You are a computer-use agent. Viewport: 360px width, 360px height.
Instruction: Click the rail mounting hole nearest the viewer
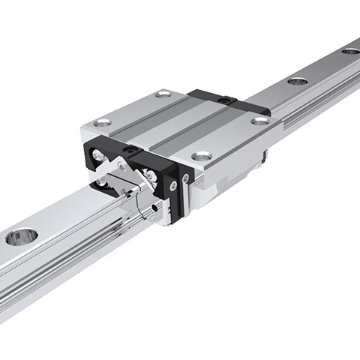click(20, 238)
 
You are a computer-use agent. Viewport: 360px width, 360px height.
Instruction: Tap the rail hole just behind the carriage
click(297, 80)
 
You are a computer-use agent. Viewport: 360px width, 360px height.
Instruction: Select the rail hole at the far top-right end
click(350, 51)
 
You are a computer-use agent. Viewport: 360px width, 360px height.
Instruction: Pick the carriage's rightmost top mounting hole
click(259, 120)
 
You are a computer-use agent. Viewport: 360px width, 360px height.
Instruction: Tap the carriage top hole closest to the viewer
click(200, 156)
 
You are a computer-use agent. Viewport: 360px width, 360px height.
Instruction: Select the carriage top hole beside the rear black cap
click(163, 94)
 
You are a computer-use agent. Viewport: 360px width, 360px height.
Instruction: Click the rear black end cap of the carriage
click(217, 100)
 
